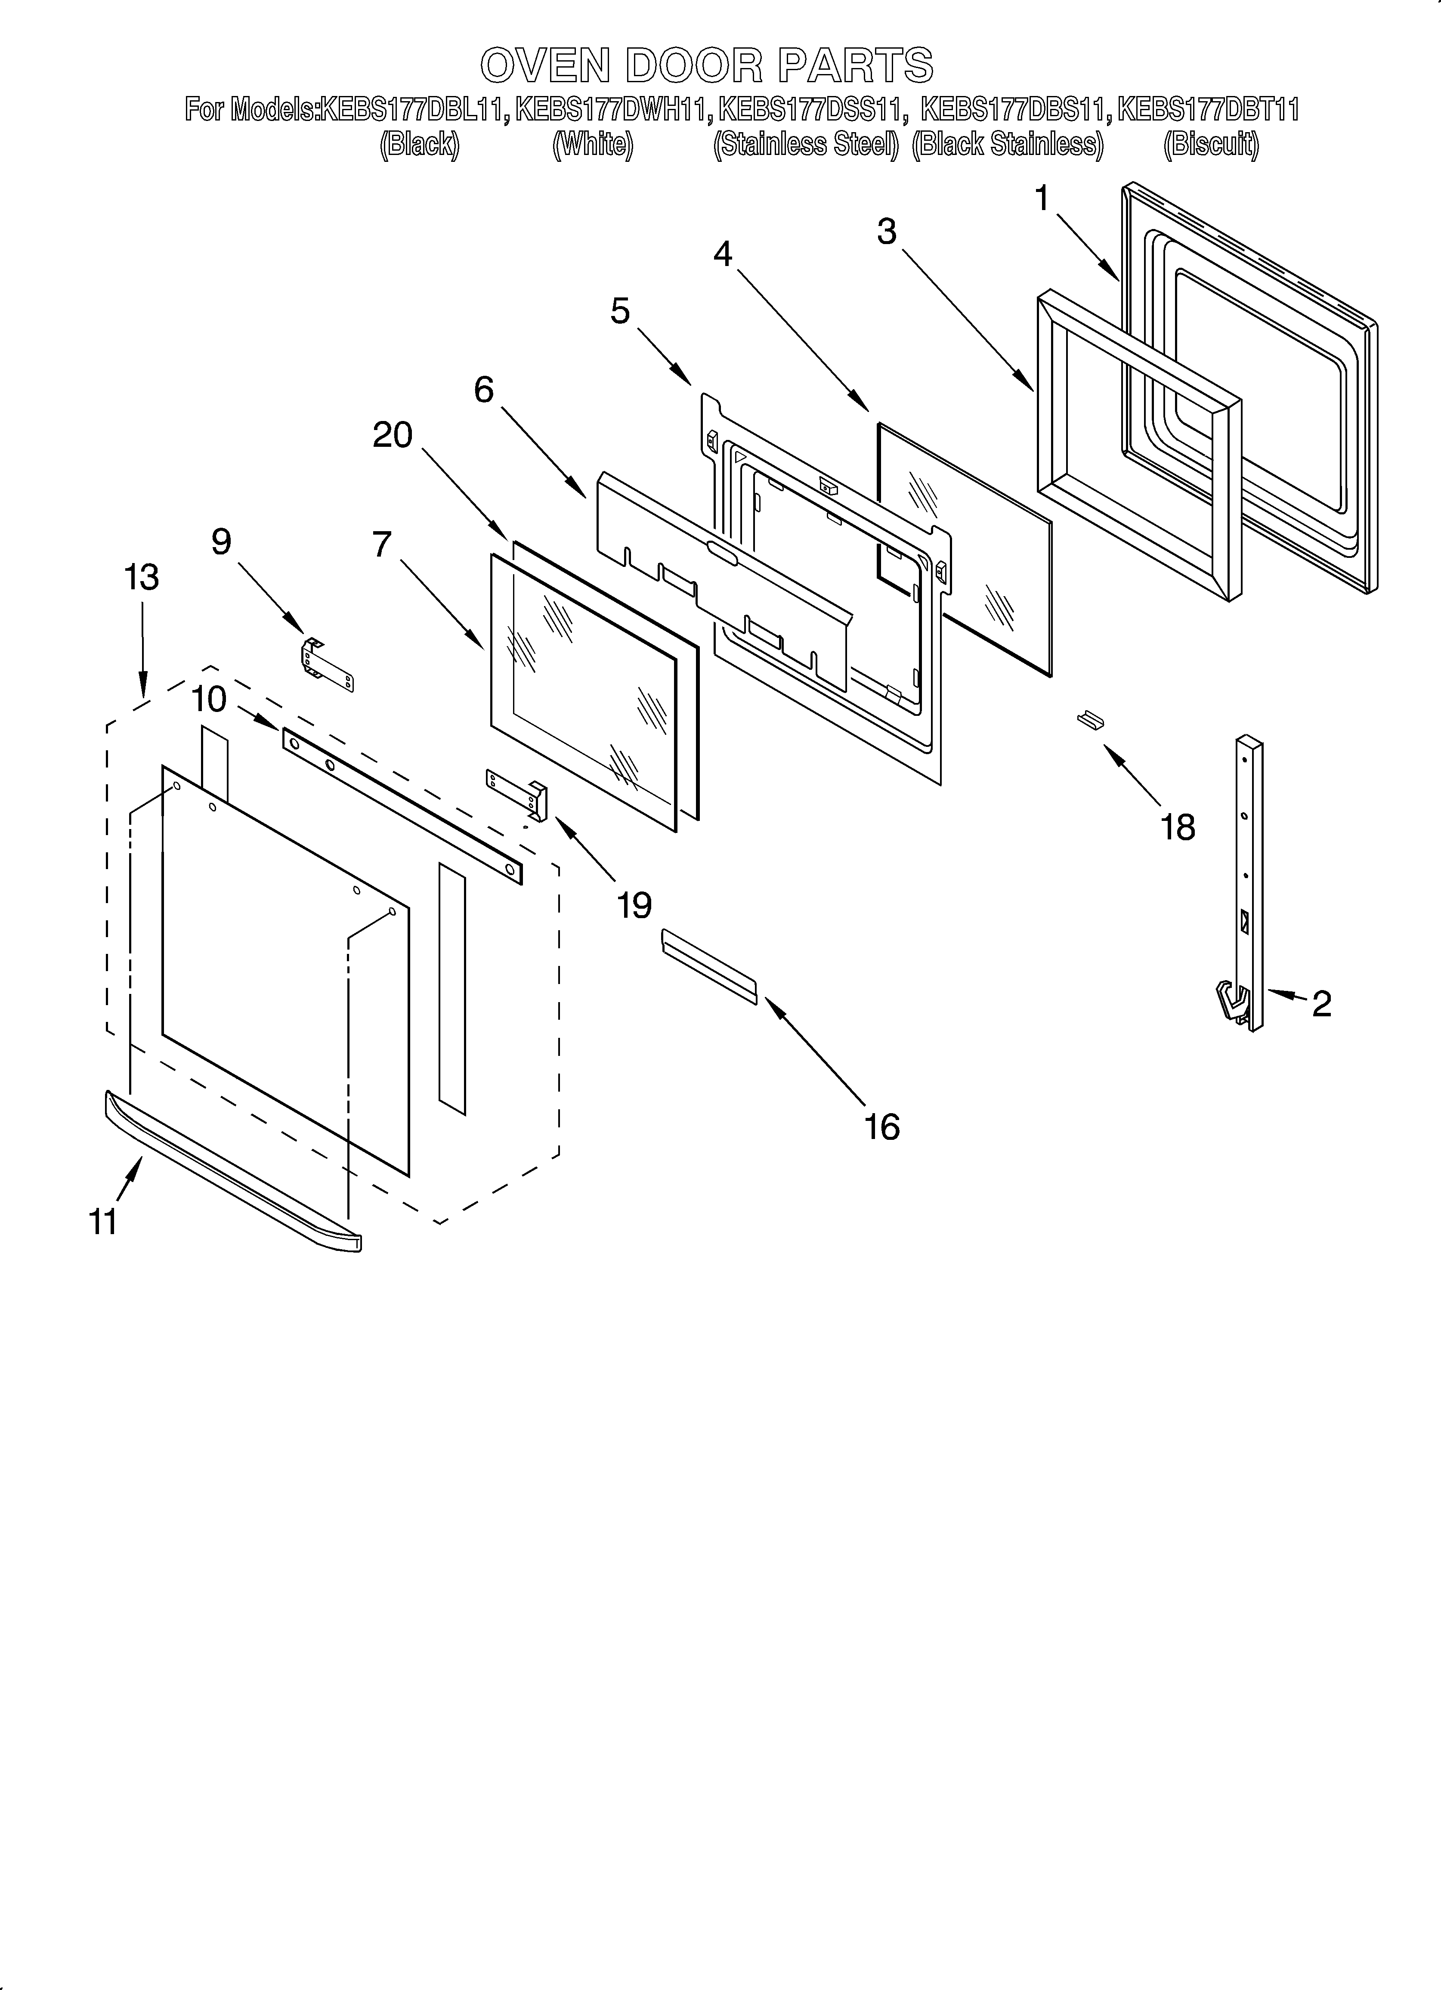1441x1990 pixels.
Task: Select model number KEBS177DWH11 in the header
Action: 612,110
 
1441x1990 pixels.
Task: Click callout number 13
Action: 141,577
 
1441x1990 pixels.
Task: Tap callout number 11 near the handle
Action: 104,1221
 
